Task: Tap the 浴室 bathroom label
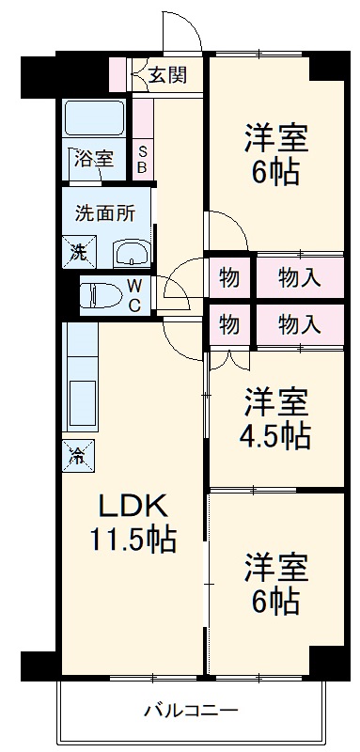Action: tap(94, 159)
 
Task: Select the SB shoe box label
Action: tap(142, 160)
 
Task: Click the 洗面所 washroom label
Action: tap(105, 212)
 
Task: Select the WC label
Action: tap(134, 295)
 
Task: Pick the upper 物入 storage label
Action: tap(301, 277)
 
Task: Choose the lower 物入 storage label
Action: tap(301, 324)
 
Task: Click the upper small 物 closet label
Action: tap(228, 277)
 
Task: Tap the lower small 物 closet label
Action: tap(228, 324)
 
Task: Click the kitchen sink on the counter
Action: tap(83, 404)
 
